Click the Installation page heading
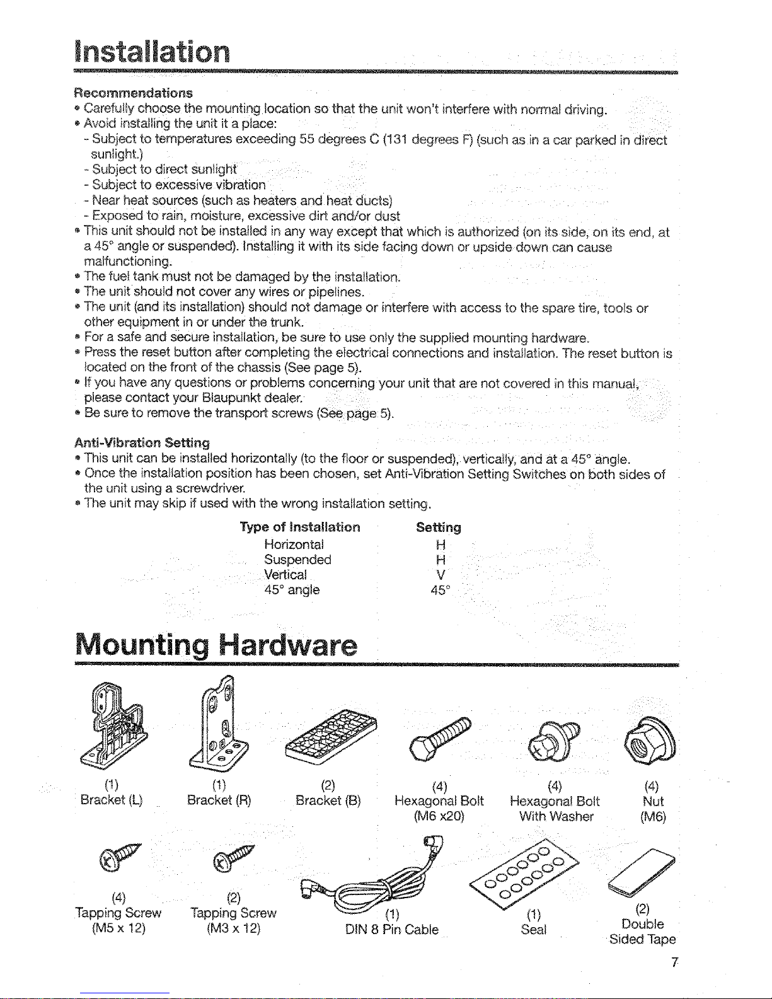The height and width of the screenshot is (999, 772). point(152,52)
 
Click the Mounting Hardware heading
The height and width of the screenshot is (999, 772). point(216,644)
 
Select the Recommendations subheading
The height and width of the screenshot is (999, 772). point(133,93)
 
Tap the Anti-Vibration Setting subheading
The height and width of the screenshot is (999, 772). point(142,442)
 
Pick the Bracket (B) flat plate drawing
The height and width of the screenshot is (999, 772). point(330,735)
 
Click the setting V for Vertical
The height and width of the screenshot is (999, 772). point(441,575)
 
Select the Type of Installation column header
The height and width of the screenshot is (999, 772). point(300,527)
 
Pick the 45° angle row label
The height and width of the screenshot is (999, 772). point(292,590)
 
